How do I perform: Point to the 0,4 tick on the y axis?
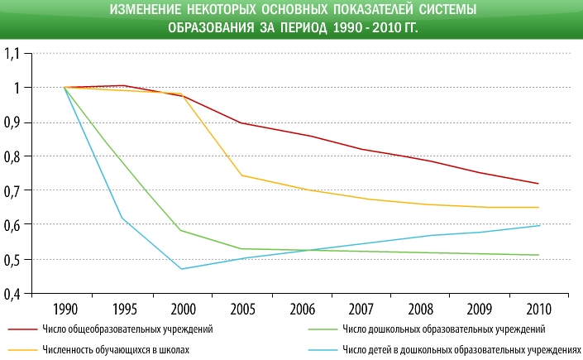[x=16, y=292]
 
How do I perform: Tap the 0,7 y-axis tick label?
[x=16, y=190]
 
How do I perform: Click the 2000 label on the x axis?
[x=182, y=310]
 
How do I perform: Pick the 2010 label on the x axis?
[x=538, y=310]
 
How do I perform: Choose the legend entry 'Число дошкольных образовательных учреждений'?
[x=443, y=329]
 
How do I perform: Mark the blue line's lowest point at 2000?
[x=182, y=269]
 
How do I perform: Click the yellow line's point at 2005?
[x=241, y=175]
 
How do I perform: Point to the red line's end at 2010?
[x=538, y=184]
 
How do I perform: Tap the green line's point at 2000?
[x=182, y=230]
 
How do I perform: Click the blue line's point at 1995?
[x=122, y=218]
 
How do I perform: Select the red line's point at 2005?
[x=241, y=122]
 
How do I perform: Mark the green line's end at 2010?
[x=538, y=255]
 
